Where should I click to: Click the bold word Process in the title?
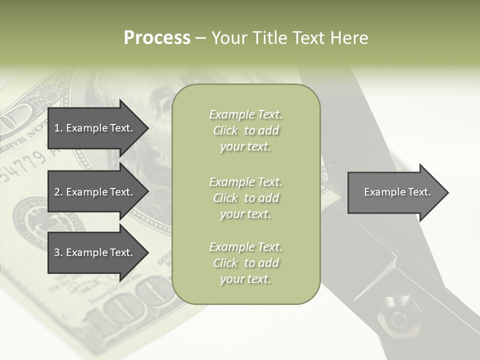click(x=157, y=38)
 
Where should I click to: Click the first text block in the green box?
click(x=246, y=130)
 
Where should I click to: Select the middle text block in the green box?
click(x=246, y=198)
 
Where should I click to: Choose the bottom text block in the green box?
click(x=246, y=263)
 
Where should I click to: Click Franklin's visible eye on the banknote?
click(x=164, y=104)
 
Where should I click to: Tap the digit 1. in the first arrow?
click(x=58, y=128)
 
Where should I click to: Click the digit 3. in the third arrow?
click(x=58, y=252)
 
